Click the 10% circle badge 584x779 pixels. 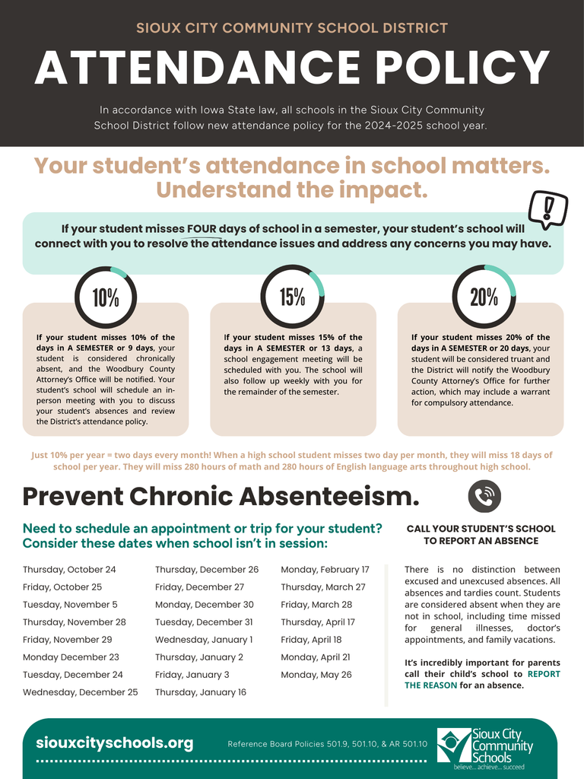[106, 297]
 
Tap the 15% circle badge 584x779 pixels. [293, 297]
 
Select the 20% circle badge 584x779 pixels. [484, 297]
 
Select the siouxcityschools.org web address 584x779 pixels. [115, 743]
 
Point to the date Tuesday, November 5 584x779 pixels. [70, 605]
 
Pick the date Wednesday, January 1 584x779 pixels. [204, 640]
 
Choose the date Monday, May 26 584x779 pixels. [316, 675]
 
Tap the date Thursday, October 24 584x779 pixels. [69, 570]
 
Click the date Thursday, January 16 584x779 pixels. [201, 692]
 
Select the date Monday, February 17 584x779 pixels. [325, 570]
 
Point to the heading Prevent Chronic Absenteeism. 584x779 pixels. [221, 497]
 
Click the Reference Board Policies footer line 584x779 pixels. [328, 744]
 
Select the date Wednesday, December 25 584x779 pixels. [81, 692]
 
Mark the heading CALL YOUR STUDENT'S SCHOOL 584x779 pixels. [481, 529]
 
